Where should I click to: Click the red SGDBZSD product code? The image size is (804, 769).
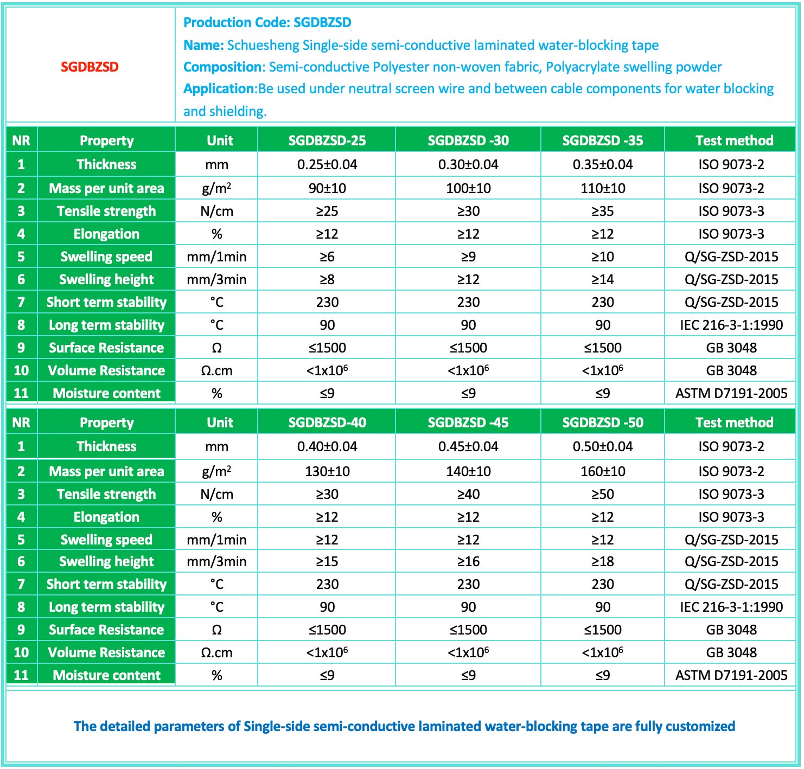point(90,67)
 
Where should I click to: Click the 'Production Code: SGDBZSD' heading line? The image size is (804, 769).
point(267,22)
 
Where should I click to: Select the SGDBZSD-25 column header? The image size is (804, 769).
point(327,140)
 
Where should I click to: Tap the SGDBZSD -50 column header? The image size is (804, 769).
point(602,422)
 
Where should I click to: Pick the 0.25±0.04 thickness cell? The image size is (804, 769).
point(327,164)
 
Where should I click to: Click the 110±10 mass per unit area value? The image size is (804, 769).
point(602,188)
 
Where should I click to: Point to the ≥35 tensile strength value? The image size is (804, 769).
point(602,211)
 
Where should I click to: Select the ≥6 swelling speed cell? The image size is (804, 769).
point(327,257)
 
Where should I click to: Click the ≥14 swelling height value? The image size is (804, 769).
point(602,279)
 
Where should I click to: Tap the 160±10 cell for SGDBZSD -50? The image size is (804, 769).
point(602,471)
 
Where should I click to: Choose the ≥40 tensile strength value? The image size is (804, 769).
point(468,494)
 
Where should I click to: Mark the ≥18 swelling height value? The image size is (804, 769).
point(602,561)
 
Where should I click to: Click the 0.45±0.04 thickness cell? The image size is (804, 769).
point(468,446)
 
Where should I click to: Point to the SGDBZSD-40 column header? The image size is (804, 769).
point(327,422)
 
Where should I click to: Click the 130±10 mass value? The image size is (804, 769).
point(327,471)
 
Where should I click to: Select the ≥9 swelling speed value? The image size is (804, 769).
point(468,257)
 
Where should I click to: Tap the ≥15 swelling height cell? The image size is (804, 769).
point(327,561)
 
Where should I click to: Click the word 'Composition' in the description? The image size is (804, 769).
point(222,67)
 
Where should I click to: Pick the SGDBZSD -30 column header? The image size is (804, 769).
point(468,140)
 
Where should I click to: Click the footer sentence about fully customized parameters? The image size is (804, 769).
point(404,726)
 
